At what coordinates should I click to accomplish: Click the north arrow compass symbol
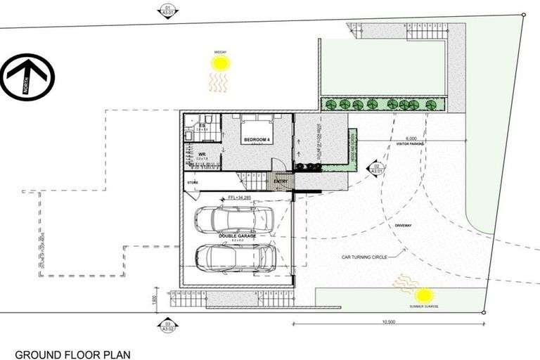[27, 77]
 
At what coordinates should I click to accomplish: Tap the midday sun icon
[220, 64]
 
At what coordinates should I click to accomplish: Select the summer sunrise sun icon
[423, 296]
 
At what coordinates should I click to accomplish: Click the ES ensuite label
[201, 125]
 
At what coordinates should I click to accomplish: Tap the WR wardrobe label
[201, 153]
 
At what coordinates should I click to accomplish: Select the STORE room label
[192, 183]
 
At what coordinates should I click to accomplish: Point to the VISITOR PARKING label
[410, 145]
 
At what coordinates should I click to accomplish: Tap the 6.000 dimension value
[411, 139]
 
